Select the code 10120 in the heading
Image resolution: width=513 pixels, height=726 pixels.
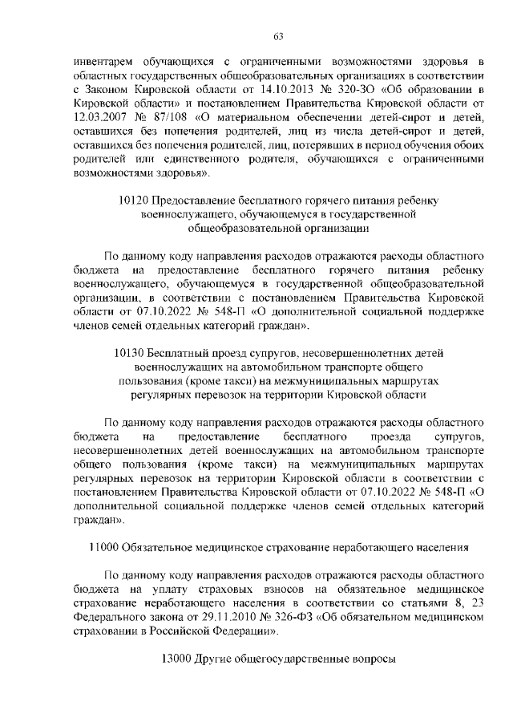click(131, 200)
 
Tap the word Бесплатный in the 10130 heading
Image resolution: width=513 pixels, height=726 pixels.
click(175, 352)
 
